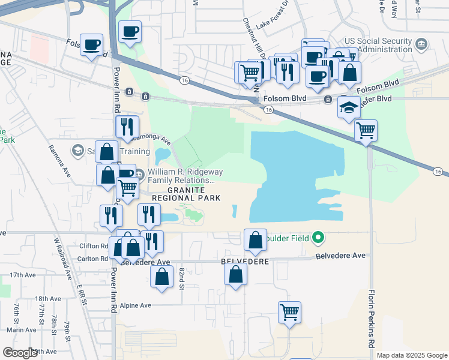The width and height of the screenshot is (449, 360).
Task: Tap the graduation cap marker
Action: pyautogui.click(x=349, y=107)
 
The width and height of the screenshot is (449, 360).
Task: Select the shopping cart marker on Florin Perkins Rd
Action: pyautogui.click(x=366, y=130)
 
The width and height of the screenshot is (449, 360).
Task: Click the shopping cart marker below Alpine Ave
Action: pyautogui.click(x=289, y=312)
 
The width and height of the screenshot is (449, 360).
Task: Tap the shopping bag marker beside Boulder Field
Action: pyautogui.click(x=255, y=240)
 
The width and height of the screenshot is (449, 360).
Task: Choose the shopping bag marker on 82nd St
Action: pyautogui.click(x=161, y=277)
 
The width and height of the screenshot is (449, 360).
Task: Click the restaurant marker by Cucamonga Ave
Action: pyautogui.click(x=127, y=127)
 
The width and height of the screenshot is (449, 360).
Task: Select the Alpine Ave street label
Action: pyautogui.click(x=135, y=305)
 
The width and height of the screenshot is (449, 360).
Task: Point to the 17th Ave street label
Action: pyautogui.click(x=22, y=275)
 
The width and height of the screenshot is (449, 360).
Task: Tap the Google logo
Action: pyautogui.click(x=20, y=353)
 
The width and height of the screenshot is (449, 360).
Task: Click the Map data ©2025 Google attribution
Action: pyautogui.click(x=411, y=355)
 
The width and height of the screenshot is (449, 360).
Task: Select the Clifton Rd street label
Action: pyautogui.click(x=93, y=246)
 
